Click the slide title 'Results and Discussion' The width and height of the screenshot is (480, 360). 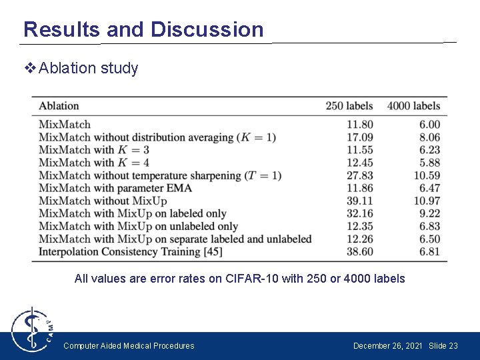click(x=143, y=29)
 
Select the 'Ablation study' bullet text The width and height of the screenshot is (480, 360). click(x=88, y=68)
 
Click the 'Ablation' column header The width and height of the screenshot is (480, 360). click(x=59, y=106)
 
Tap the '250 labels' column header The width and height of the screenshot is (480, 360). click(x=349, y=106)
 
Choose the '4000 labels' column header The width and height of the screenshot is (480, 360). click(x=413, y=106)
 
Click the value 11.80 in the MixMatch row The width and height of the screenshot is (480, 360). click(x=359, y=125)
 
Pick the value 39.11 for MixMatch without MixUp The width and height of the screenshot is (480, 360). click(x=359, y=201)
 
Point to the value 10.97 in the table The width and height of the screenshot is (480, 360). click(x=426, y=201)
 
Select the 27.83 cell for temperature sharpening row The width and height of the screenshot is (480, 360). click(x=359, y=175)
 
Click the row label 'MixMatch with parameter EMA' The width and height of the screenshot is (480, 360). click(x=115, y=188)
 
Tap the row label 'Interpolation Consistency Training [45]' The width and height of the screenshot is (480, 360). click(x=130, y=251)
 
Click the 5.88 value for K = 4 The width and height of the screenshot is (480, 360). click(x=429, y=163)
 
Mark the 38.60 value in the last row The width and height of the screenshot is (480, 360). click(x=359, y=251)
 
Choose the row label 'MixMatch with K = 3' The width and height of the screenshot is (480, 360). click(x=93, y=150)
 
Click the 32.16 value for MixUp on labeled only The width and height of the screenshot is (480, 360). click(x=359, y=213)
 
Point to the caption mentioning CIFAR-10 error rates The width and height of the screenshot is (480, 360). click(x=239, y=279)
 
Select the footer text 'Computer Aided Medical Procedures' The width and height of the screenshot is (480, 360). click(x=129, y=346)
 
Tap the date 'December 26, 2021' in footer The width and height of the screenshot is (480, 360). click(x=387, y=346)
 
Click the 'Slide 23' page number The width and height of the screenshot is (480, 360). click(x=443, y=346)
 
